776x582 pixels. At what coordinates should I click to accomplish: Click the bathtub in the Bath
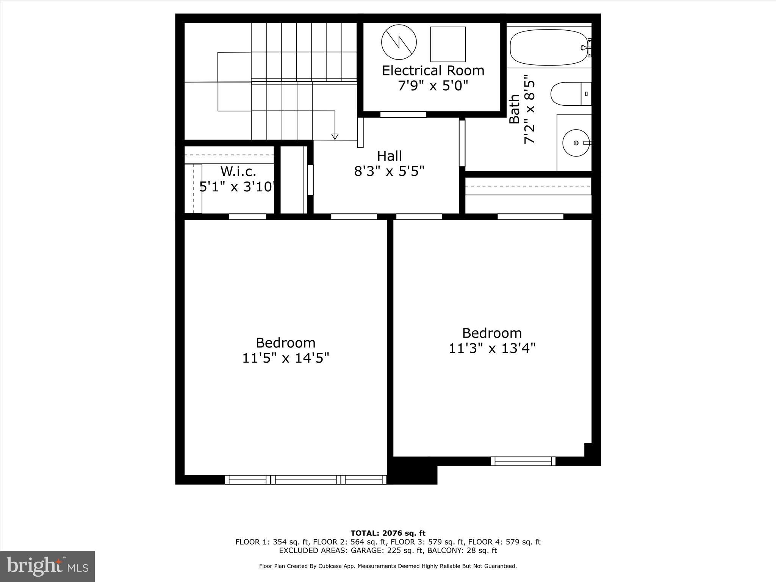(548, 47)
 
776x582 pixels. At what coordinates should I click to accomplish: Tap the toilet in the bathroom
(570, 94)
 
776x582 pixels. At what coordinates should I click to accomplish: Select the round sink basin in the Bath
(576, 143)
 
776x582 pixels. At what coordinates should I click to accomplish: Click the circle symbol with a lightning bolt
(399, 42)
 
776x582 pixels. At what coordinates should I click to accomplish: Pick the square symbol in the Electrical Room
(448, 44)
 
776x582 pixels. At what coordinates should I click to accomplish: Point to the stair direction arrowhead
(335, 137)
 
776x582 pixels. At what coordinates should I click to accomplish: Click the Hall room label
(389, 156)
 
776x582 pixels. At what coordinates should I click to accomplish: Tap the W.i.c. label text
(238, 172)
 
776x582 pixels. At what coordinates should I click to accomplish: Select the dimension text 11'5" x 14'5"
(286, 358)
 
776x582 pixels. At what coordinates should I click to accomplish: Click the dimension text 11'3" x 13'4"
(492, 348)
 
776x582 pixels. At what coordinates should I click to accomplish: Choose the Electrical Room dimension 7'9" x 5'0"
(433, 86)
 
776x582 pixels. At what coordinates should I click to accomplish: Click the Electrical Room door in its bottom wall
(403, 114)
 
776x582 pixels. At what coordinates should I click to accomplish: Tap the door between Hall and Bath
(462, 143)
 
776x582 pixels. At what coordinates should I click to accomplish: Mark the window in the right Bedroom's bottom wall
(523, 461)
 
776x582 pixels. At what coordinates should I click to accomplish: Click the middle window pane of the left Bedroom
(306, 480)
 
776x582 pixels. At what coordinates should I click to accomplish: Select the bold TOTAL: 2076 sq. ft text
(388, 533)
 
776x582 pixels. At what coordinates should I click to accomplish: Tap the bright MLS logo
(47, 566)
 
